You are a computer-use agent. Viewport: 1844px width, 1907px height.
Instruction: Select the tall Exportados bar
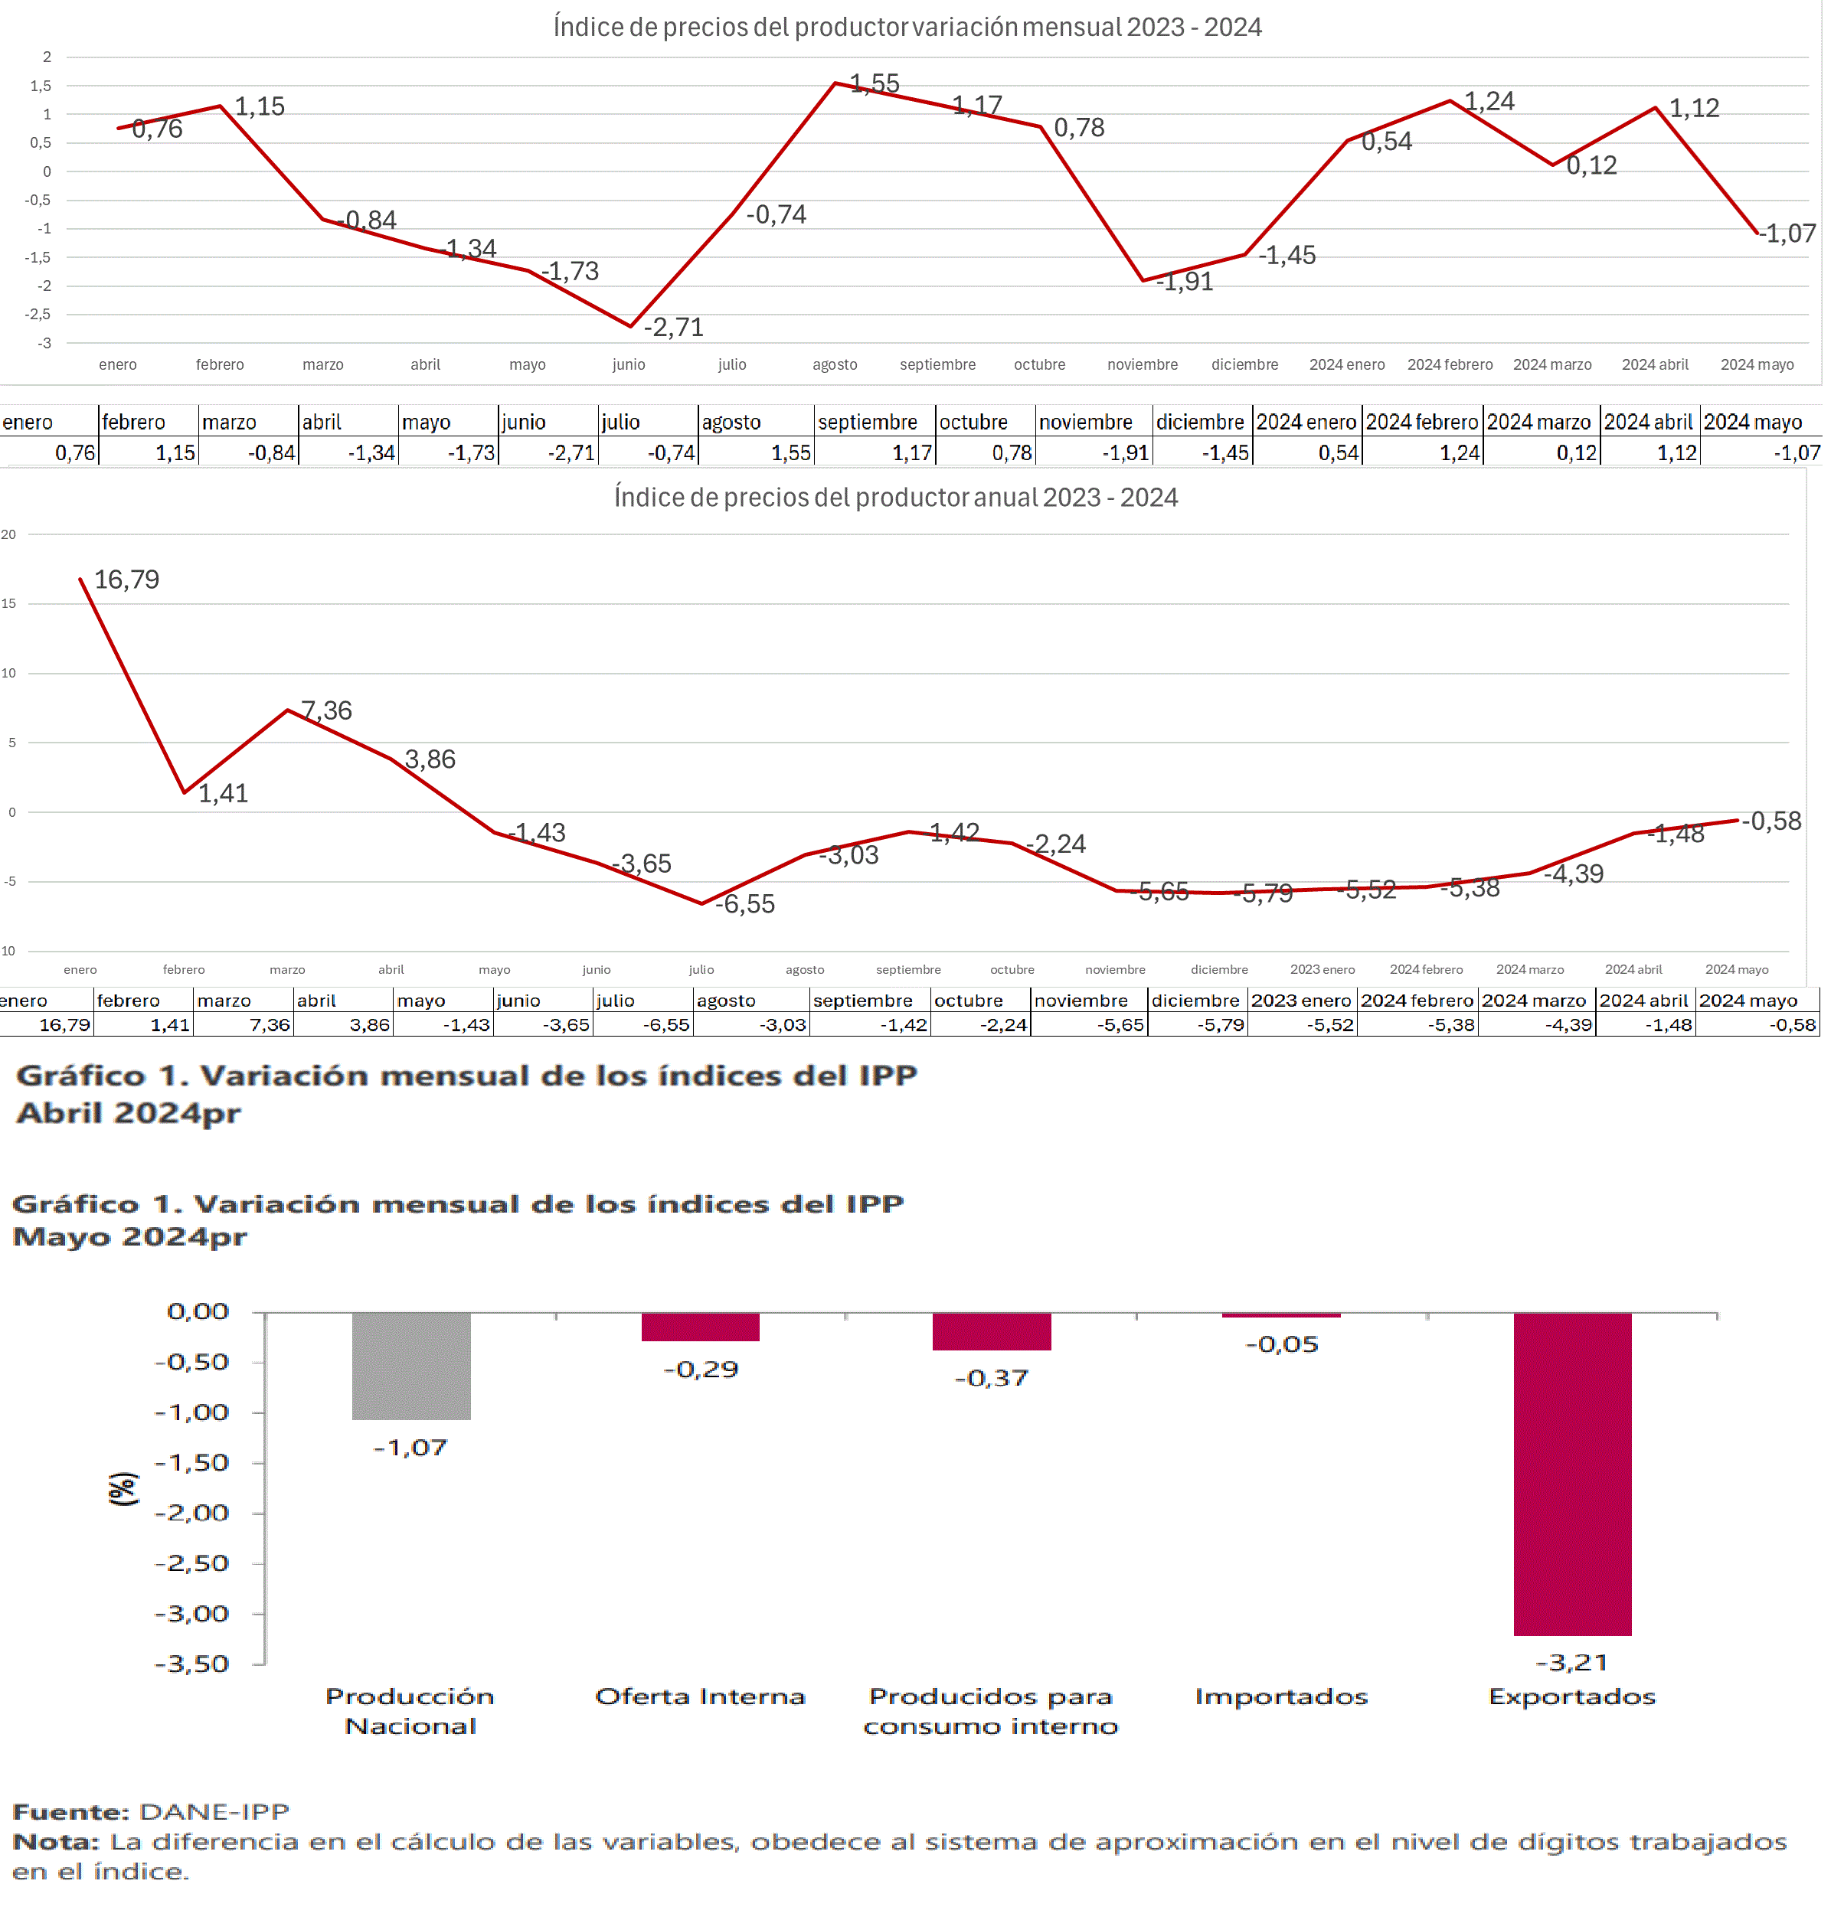coord(1571,1473)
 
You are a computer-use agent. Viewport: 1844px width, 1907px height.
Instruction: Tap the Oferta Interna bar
coord(700,1327)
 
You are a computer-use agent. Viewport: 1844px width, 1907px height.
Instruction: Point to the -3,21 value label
coord(1571,1663)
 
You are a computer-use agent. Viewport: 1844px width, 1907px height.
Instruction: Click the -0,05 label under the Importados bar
coord(1282,1344)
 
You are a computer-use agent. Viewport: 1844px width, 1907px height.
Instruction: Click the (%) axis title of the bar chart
coord(123,1489)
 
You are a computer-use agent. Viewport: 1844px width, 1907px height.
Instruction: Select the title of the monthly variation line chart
coord(907,28)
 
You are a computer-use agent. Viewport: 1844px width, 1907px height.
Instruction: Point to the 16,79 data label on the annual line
coord(126,580)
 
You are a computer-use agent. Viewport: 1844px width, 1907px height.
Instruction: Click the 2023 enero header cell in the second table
coord(1301,1001)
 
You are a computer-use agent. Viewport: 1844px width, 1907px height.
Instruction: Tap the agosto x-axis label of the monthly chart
coord(835,365)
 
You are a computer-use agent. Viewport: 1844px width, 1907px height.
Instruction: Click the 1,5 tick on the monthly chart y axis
coord(41,86)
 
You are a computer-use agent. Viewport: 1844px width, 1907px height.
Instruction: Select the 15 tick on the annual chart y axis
coord(8,603)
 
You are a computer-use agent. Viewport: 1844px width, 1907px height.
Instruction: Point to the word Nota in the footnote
coord(55,1842)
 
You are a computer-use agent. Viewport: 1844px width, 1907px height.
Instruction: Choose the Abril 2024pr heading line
coord(129,1113)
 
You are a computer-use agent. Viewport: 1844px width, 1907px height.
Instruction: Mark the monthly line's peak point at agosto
coord(835,83)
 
